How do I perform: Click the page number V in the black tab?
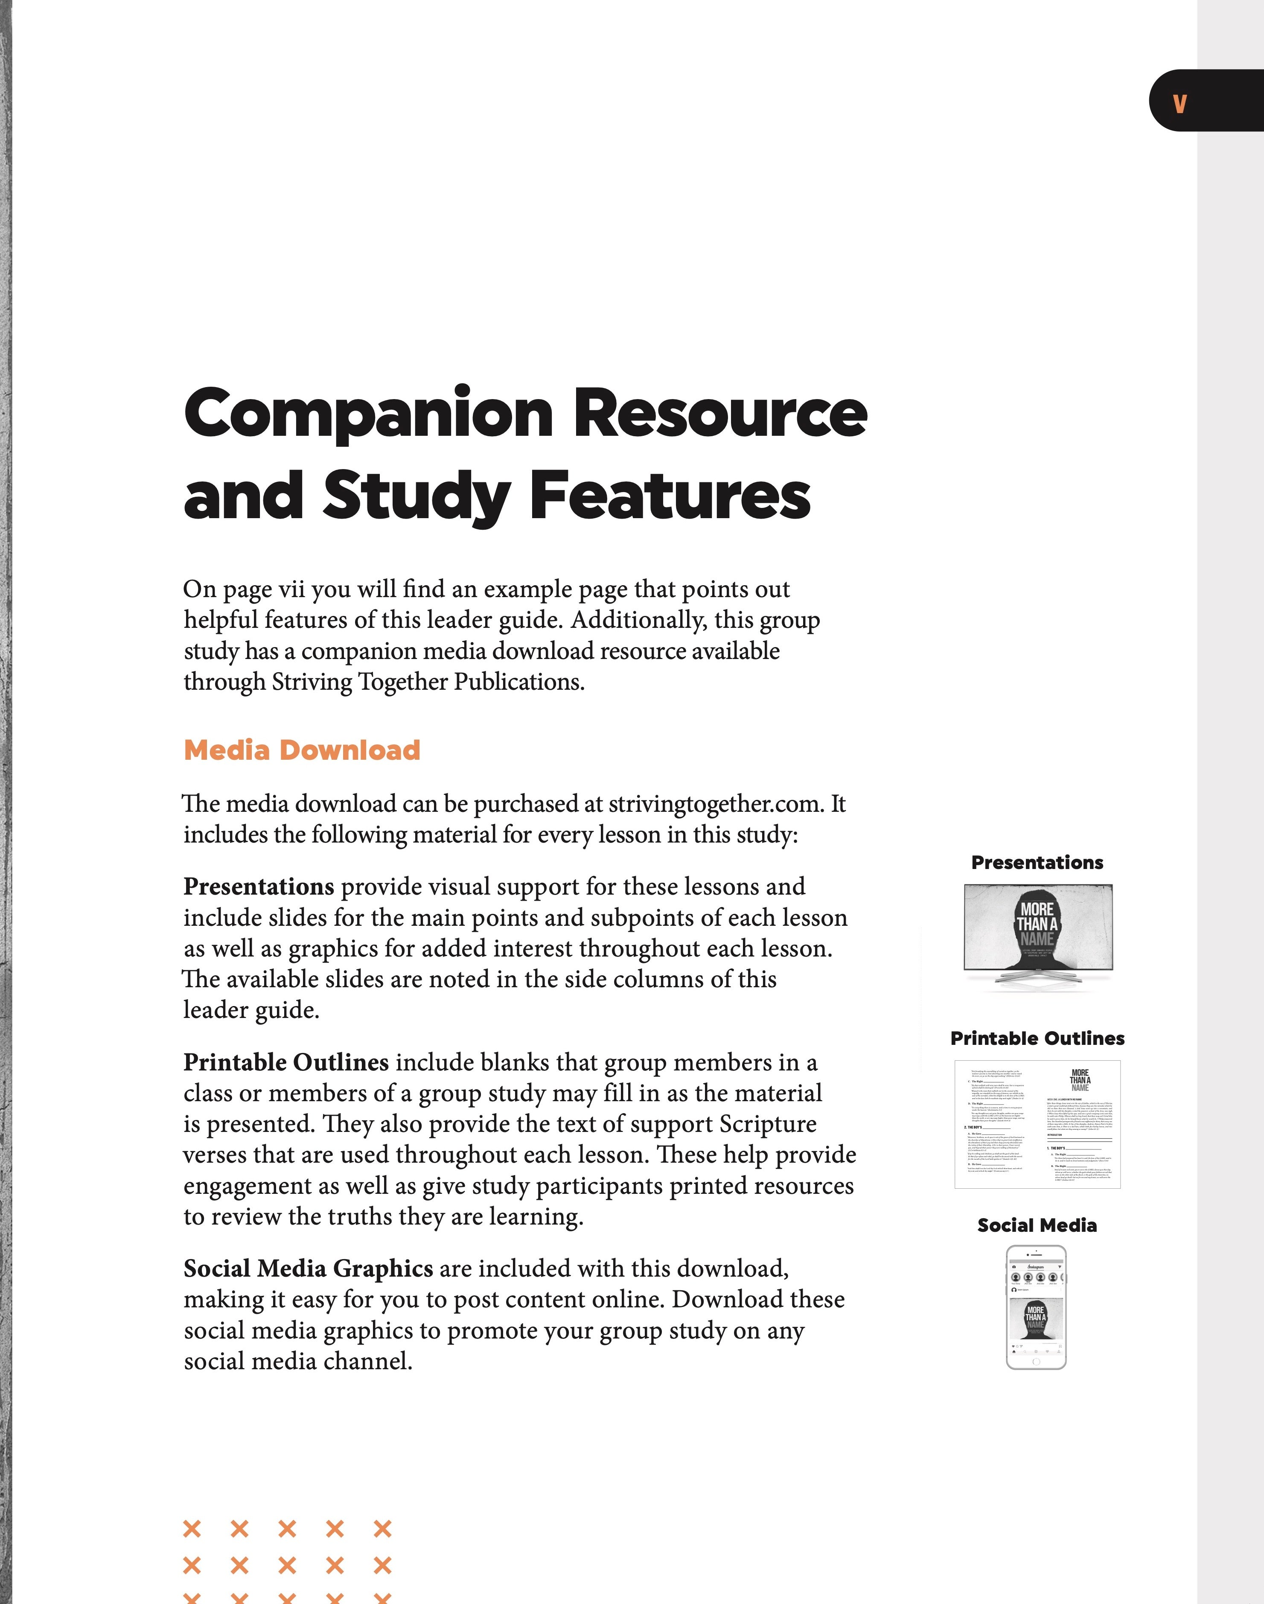pos(1180,104)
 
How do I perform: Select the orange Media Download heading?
pos(302,750)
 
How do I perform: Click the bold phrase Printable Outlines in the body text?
pos(285,1062)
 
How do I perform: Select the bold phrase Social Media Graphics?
pos(308,1269)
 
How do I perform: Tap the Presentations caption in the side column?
pos(1037,862)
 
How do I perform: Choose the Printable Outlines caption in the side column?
pos(1037,1038)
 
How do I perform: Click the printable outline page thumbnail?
pos(1037,1124)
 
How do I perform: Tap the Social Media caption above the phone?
pos(1037,1225)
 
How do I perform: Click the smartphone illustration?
pos(1036,1308)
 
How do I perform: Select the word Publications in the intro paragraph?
pos(519,682)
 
